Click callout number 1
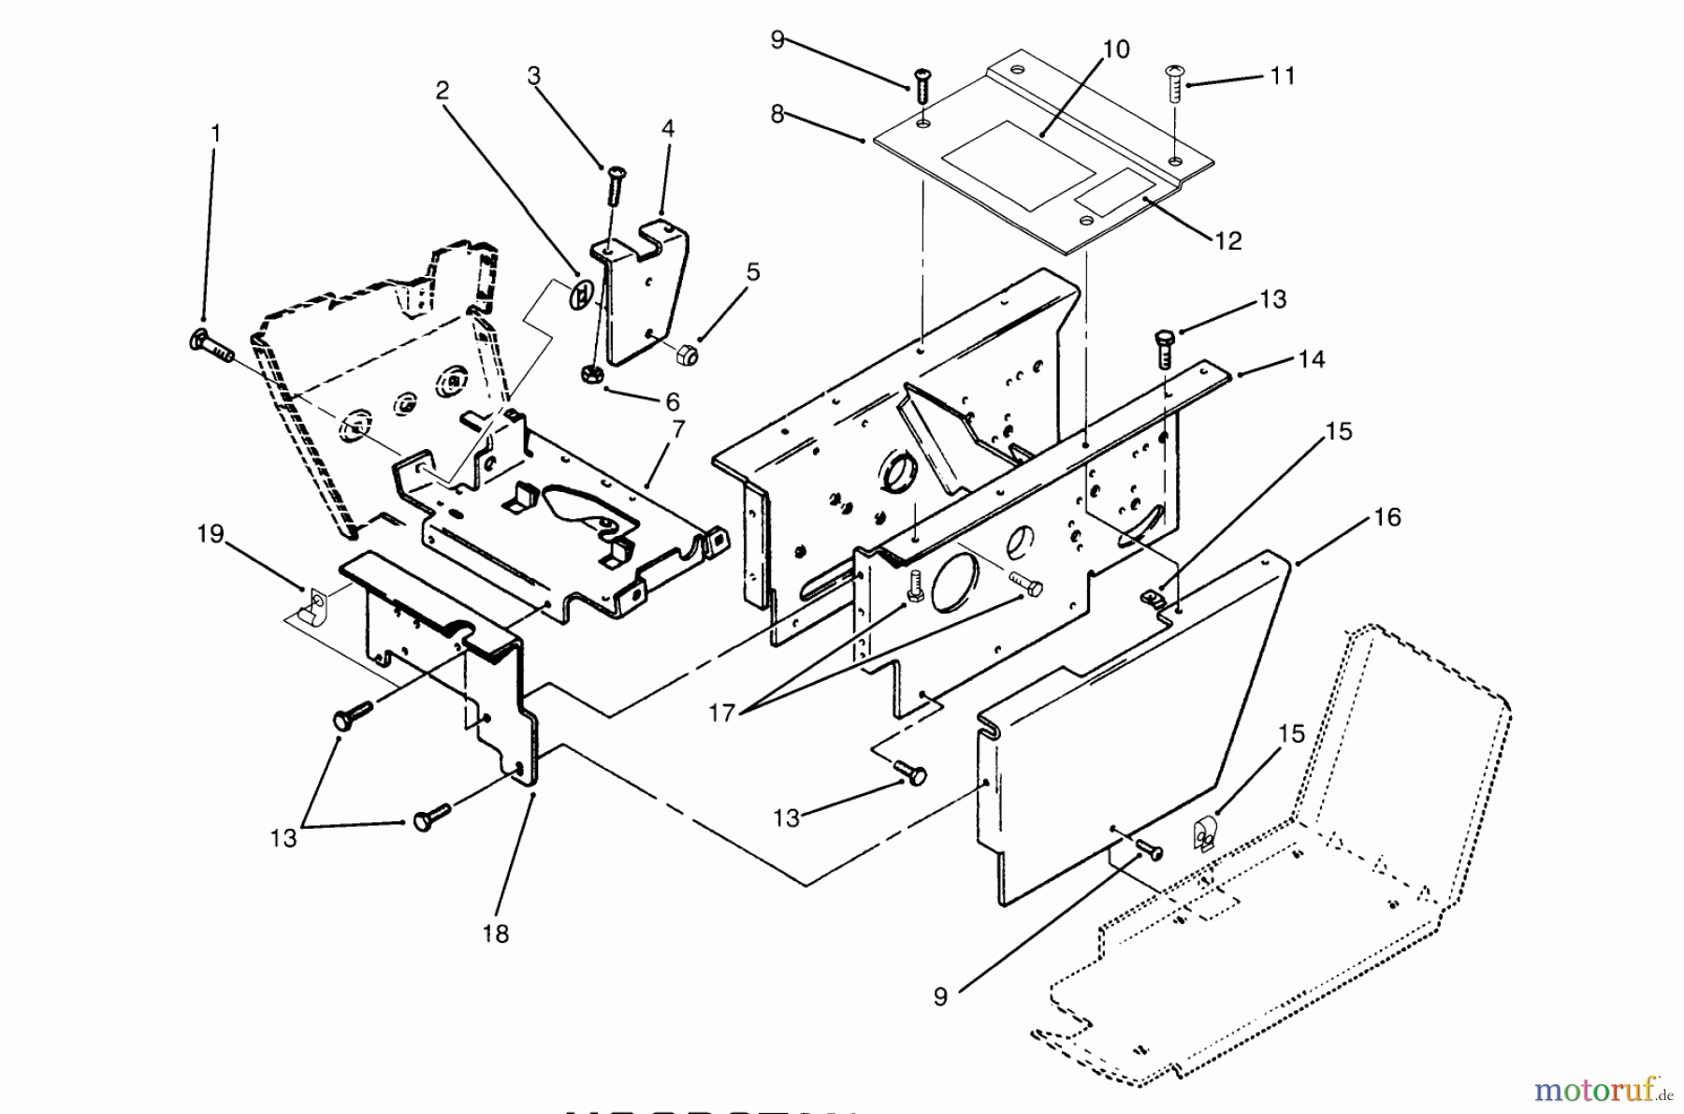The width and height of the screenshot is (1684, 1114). point(216,134)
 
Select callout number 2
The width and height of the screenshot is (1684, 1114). point(442,90)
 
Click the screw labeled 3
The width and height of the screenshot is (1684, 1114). point(615,186)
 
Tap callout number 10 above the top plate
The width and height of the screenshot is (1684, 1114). point(1116,49)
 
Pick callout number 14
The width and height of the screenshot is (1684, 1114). point(1312,359)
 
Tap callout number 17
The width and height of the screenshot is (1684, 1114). point(721,712)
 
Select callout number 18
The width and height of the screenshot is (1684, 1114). point(496,933)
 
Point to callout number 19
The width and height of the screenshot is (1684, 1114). point(210,534)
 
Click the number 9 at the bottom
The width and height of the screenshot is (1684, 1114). point(940,997)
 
